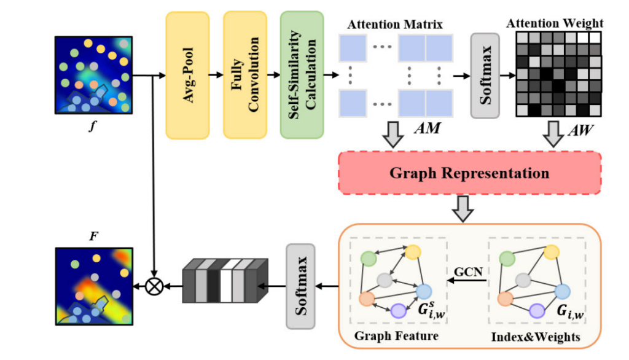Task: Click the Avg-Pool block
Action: [187, 74]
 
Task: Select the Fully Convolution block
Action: [244, 74]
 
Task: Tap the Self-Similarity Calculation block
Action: [302, 74]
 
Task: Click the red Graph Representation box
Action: [469, 173]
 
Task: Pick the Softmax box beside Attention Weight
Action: [485, 75]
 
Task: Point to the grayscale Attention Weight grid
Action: [558, 74]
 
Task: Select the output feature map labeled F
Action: [93, 285]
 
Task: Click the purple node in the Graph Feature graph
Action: [399, 311]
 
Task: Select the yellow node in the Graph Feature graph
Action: [413, 252]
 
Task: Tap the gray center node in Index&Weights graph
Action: [523, 281]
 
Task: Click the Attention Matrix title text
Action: [395, 25]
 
